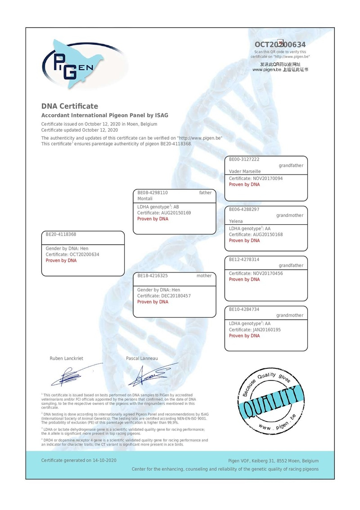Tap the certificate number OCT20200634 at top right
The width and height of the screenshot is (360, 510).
tap(280, 45)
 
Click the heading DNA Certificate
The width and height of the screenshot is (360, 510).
tap(69, 106)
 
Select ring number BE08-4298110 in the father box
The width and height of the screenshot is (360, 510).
tap(153, 192)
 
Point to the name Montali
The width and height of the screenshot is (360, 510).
tap(145, 199)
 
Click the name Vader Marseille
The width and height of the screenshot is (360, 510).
tap(245, 171)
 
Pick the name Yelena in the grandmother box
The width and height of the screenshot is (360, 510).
tap(236, 221)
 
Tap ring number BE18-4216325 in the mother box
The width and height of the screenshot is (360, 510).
tap(153, 276)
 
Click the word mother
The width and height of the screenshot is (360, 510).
tap(204, 276)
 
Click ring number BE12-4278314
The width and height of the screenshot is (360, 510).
tap(244, 259)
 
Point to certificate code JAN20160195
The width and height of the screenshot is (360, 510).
tap(266, 330)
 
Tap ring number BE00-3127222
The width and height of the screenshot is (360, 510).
tap(244, 159)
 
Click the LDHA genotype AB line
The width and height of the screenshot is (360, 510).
tap(158, 207)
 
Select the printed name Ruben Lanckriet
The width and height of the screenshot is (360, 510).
tap(66, 358)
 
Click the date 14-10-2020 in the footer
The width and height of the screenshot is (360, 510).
tap(105, 461)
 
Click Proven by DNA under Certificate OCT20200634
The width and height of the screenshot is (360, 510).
tap(61, 261)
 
